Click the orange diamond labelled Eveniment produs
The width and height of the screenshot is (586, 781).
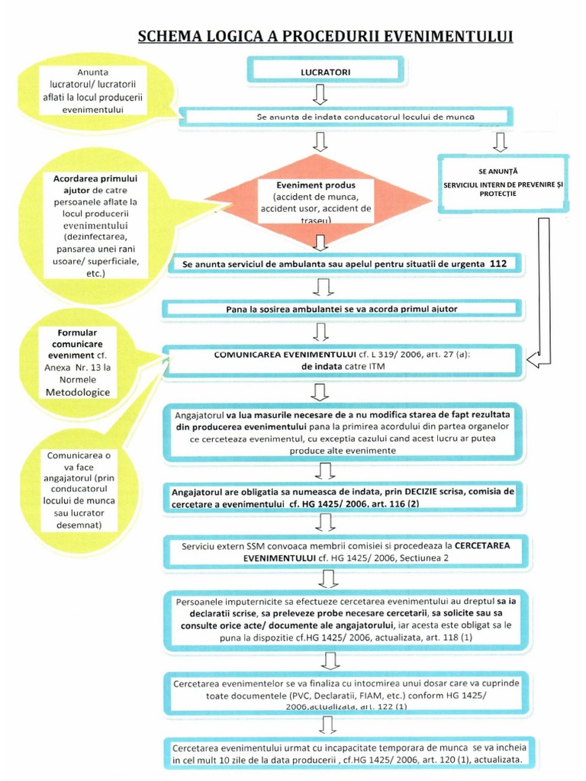coord(315,200)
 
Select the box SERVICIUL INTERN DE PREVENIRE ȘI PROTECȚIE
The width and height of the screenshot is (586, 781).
coord(503,184)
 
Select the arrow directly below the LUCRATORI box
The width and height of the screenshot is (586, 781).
coord(320,95)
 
